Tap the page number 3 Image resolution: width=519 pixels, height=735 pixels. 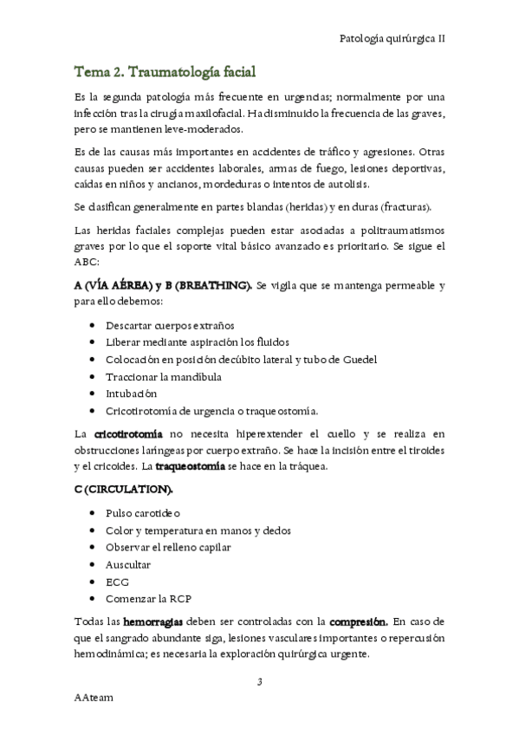coord(259,683)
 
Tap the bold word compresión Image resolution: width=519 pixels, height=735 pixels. coord(357,621)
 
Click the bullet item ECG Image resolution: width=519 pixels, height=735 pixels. coord(115,581)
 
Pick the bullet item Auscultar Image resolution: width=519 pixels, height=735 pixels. coord(127,564)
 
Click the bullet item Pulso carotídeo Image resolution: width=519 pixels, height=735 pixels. coord(142,513)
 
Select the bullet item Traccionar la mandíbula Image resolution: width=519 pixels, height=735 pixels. coord(163,376)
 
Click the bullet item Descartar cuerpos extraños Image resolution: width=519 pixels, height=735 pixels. coord(170,325)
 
